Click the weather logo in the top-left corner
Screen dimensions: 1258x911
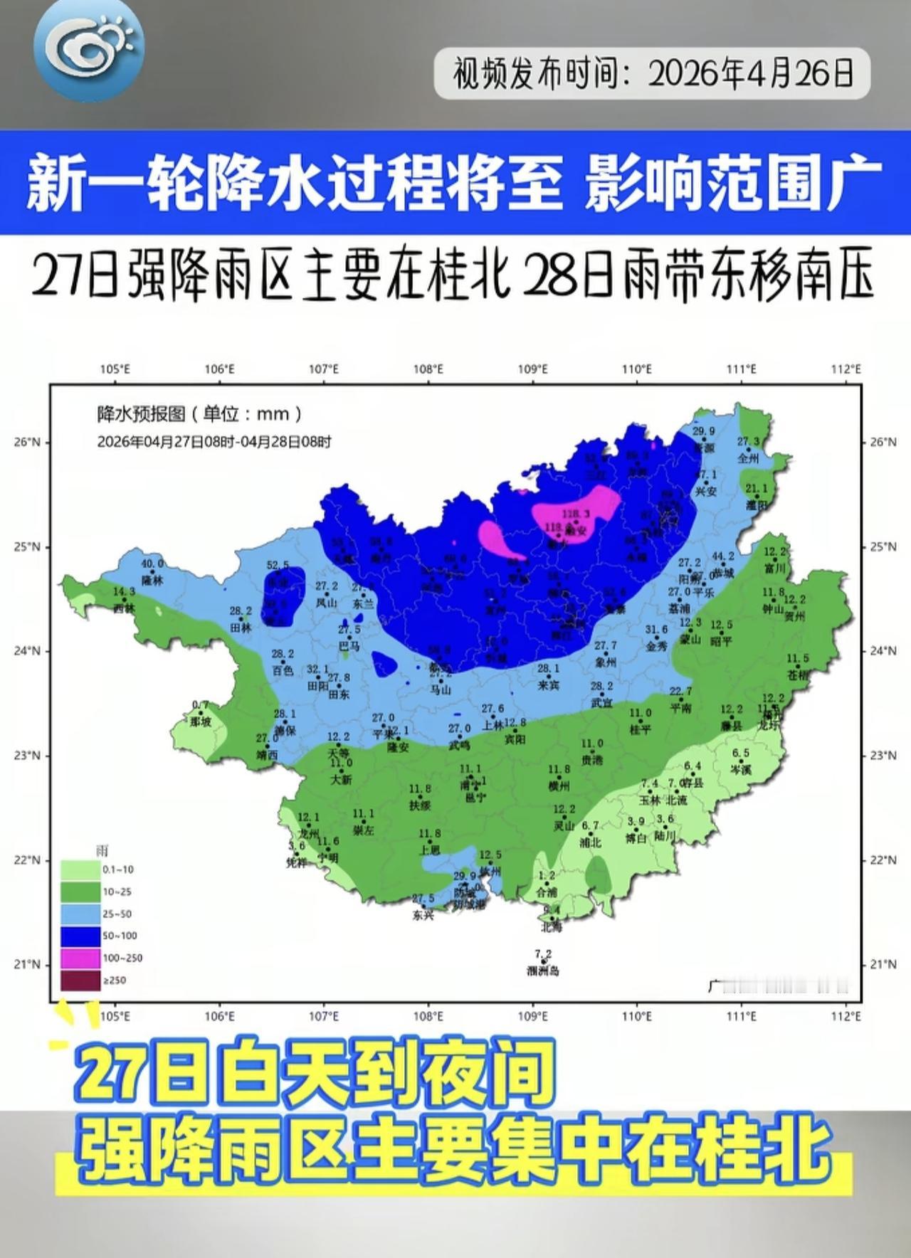[x=88, y=44]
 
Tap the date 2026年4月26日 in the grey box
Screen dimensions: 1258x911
[x=751, y=73]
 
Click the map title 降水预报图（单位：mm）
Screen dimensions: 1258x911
[x=200, y=413]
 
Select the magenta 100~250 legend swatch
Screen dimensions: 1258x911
[x=80, y=958]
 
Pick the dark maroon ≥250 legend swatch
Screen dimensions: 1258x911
[x=80, y=980]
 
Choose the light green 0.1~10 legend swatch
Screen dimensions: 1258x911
[x=80, y=869]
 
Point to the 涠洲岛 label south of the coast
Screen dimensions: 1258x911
[x=543, y=971]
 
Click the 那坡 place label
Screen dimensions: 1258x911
[x=201, y=721]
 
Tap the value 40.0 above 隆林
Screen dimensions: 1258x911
[x=152, y=564]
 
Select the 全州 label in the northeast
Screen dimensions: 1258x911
[x=748, y=459]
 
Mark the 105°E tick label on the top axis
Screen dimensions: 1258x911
[x=115, y=369]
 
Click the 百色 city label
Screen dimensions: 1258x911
[x=283, y=670]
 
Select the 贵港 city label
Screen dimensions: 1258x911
[x=591, y=760]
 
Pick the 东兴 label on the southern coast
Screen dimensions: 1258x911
[x=423, y=916]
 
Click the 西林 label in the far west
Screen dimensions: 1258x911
[x=124, y=608]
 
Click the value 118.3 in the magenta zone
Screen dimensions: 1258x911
[x=576, y=513]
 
